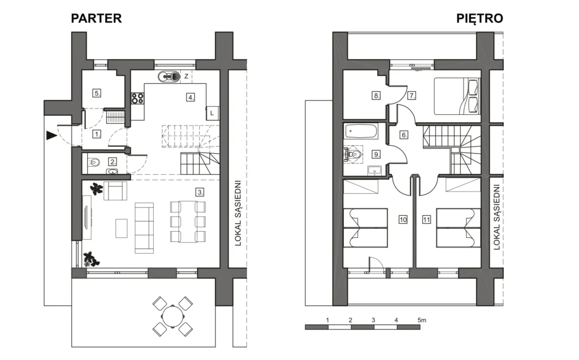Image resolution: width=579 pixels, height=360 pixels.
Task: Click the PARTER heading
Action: [96, 19]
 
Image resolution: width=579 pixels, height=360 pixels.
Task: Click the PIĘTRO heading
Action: [479, 19]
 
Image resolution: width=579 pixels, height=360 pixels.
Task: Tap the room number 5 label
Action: [97, 93]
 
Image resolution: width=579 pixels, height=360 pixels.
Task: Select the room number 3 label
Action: [200, 192]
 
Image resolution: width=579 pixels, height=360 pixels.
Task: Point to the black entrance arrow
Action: [51, 136]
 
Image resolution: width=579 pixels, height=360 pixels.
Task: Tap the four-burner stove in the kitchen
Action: [137, 98]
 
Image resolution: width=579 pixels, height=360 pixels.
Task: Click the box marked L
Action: [213, 113]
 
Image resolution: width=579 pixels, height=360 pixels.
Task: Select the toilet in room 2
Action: [94, 162]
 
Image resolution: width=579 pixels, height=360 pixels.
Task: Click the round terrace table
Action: [172, 316]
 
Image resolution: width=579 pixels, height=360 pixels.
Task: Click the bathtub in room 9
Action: [361, 132]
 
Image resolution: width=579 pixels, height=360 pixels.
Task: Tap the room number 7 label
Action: [412, 96]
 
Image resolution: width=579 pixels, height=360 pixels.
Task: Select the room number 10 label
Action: [403, 220]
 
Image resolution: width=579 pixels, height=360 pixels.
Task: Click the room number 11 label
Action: [426, 220]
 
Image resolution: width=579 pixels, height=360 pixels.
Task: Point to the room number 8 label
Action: [376, 96]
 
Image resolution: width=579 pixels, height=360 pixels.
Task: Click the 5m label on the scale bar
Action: [422, 320]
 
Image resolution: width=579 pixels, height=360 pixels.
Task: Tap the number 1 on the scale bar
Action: [327, 320]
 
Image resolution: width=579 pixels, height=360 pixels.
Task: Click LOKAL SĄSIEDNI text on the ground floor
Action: [238, 214]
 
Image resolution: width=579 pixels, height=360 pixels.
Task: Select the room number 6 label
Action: [404, 135]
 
